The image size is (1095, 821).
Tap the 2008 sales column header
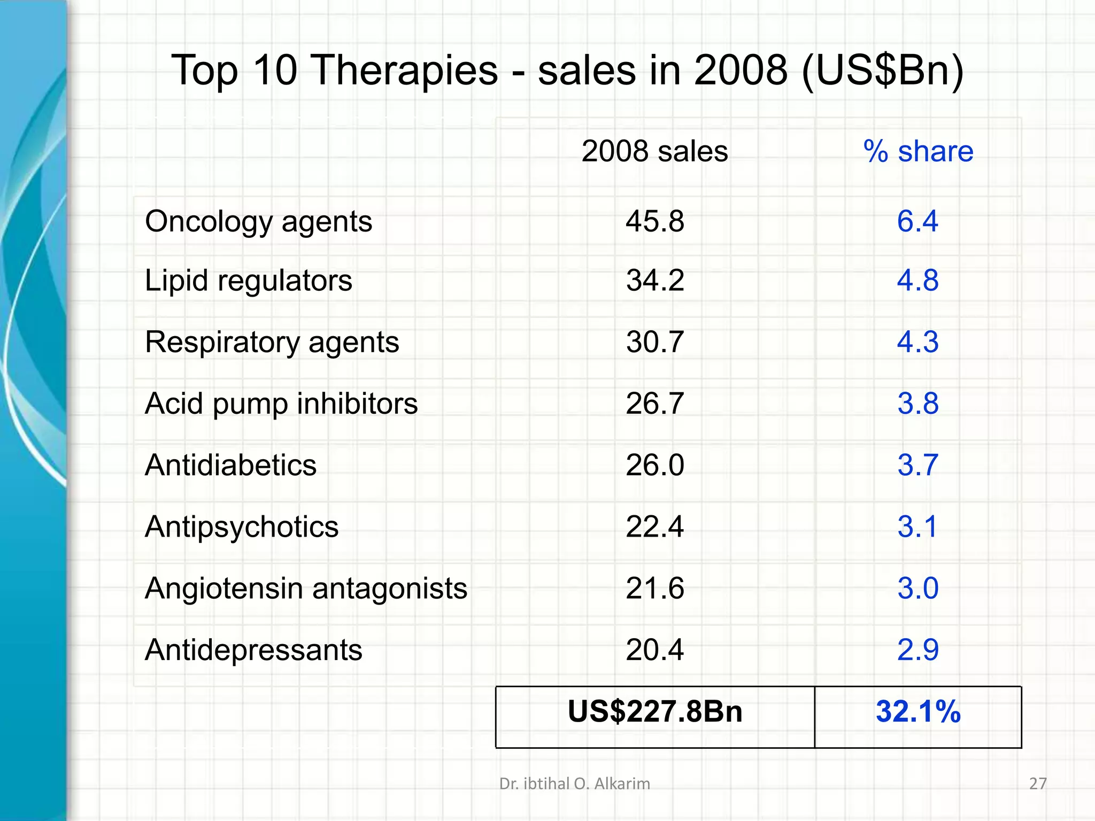click(x=654, y=151)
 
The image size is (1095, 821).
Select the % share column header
click(x=918, y=151)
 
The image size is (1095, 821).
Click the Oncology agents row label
click(x=258, y=221)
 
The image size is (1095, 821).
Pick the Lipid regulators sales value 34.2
click(x=655, y=281)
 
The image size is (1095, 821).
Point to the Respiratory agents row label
click(x=272, y=342)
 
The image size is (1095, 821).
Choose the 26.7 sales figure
click(x=655, y=404)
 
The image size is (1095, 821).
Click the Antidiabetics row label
click(x=230, y=465)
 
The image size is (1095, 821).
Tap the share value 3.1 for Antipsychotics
click(x=917, y=527)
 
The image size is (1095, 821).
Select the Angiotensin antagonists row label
click(x=306, y=588)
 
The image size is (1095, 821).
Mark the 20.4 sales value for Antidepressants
click(x=655, y=650)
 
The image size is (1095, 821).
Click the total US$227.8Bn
click(x=655, y=712)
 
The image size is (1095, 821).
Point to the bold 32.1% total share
click(x=918, y=712)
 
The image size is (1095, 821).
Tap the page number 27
click(x=1038, y=784)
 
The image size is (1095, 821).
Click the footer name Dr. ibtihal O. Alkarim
click(x=575, y=784)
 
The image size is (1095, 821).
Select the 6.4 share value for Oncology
click(x=917, y=221)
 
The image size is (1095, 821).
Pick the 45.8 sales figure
click(x=655, y=221)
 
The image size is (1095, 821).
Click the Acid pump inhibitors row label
click(x=281, y=404)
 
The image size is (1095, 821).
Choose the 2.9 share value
click(x=917, y=650)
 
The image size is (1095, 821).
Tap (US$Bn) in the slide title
click(x=883, y=71)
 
